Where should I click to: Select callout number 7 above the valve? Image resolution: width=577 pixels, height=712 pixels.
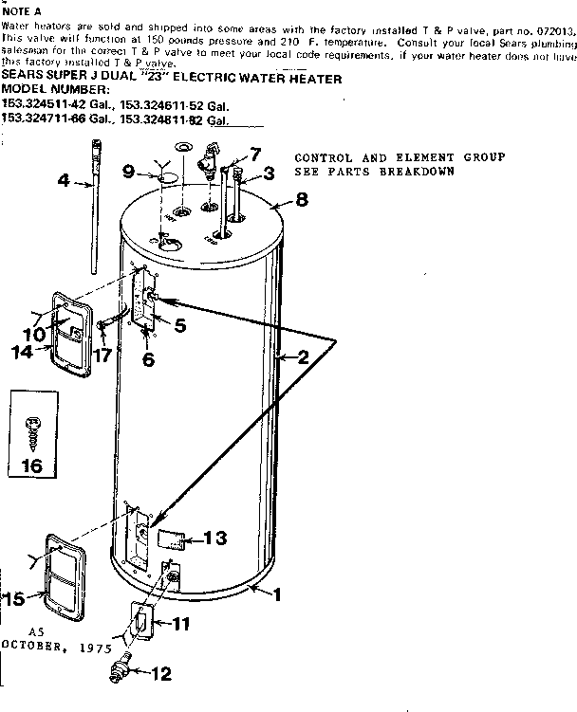254,154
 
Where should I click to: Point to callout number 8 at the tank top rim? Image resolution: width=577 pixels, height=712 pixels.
302,200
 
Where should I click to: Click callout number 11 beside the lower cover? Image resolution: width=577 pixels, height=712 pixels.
180,623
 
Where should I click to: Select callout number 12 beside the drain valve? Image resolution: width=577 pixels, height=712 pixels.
161,675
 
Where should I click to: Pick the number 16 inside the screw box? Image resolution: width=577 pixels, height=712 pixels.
31,466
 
